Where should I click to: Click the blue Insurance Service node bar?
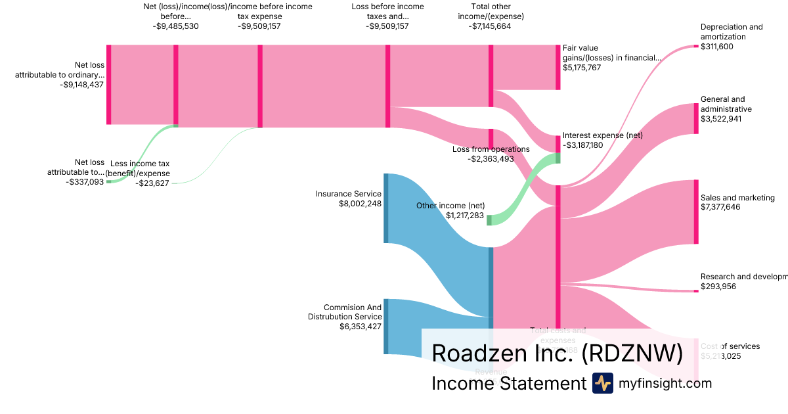coord(386,208)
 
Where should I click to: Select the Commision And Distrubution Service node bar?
coord(386,327)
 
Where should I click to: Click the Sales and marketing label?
coord(737,198)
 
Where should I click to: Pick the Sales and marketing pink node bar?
coord(696,212)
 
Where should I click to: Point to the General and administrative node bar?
coord(696,119)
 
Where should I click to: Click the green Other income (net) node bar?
coord(489,220)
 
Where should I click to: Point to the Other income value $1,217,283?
coord(464,216)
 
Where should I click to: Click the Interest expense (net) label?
coord(602,135)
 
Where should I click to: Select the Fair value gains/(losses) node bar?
coord(558,67)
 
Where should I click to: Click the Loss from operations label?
coord(491,149)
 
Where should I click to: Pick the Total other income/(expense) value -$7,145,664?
coord(490,26)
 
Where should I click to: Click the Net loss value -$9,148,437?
coord(82,85)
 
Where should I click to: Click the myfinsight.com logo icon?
coord(603,383)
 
